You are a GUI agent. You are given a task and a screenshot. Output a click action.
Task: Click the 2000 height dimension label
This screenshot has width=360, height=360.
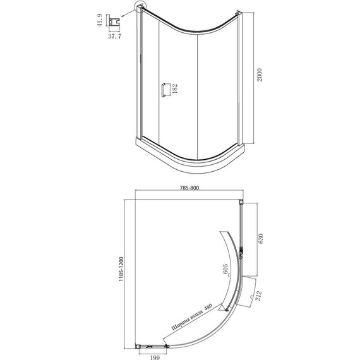pos(259,75)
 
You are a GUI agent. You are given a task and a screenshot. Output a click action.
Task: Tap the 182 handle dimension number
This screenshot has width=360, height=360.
pos(175,88)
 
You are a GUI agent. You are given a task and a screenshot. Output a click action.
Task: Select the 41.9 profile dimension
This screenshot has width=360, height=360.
pos(99,20)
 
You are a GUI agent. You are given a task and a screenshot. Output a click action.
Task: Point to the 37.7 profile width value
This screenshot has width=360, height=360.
pos(114,36)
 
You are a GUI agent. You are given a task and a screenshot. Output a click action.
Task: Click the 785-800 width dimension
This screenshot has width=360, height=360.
pos(189,188)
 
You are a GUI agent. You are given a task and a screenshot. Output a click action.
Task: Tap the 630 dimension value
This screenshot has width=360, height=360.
pos(260,239)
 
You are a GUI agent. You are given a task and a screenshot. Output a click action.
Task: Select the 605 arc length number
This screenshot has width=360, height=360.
pos(225,268)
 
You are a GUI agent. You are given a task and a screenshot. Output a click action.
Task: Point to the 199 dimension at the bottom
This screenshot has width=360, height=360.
pos(155,357)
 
